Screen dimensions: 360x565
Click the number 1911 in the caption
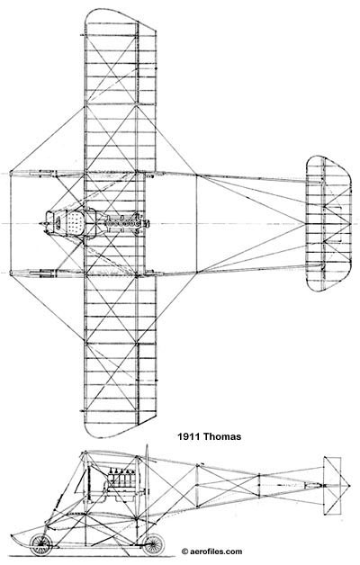tap(189, 436)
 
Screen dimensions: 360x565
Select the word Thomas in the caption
tap(222, 436)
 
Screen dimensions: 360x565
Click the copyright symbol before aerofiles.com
tap(184, 552)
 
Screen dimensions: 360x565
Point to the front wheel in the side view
tap(40, 544)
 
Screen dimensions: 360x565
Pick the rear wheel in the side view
tap(153, 544)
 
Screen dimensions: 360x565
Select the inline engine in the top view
tap(126, 224)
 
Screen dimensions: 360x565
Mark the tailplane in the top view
tap(328, 223)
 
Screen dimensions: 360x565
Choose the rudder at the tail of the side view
tap(337, 486)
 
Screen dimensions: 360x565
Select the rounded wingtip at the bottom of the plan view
tap(120, 428)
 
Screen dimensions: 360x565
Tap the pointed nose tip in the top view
tap(41, 224)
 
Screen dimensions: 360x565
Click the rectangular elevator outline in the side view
tap(332, 486)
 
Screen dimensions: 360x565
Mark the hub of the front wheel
tap(40, 544)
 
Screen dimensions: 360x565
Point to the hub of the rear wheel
tap(153, 544)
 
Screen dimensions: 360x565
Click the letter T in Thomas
tap(207, 436)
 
